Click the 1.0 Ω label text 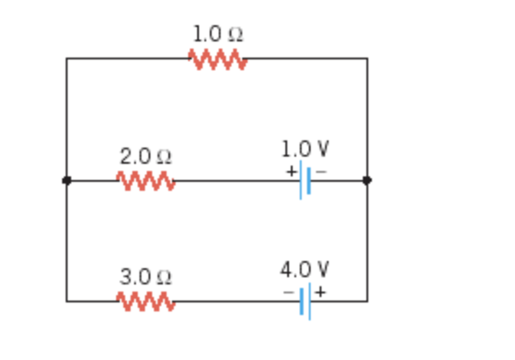217,34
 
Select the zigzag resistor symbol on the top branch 217,59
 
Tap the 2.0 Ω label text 146,156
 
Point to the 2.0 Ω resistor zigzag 146,181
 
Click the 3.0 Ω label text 146,276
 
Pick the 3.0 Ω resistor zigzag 146,301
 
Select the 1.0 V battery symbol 305,181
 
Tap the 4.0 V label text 304,269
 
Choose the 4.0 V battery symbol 305,301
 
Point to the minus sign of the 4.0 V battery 289,292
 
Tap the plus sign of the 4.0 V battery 320,292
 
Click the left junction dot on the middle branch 67,181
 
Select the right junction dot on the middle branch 366,181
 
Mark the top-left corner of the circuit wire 67,59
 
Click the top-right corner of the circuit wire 366,59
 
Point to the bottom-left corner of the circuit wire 67,301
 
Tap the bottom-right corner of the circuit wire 366,301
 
